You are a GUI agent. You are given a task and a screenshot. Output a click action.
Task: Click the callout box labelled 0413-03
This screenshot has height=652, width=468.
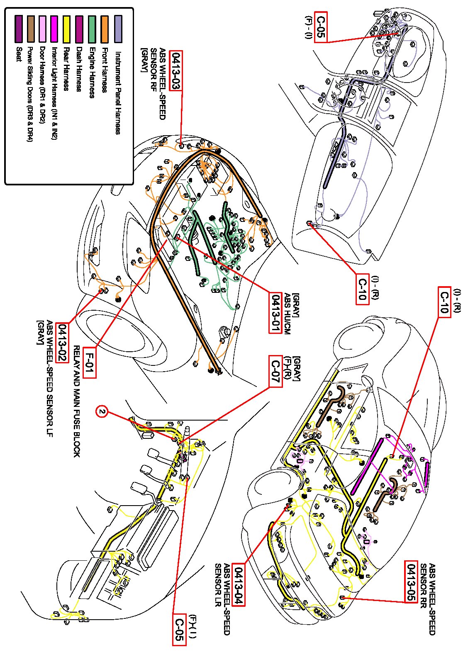[x=177, y=71]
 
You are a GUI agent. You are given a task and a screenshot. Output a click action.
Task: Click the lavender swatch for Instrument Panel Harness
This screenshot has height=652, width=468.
[x=118, y=29]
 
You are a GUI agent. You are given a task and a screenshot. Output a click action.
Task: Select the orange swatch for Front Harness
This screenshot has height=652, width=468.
[x=105, y=29]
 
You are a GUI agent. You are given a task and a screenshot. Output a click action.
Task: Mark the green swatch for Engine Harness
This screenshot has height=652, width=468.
[x=92, y=29]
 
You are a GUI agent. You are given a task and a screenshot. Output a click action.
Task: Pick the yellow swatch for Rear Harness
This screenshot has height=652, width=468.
[x=66, y=29]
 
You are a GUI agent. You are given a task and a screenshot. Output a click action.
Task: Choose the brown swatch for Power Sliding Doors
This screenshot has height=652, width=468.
[x=30, y=29]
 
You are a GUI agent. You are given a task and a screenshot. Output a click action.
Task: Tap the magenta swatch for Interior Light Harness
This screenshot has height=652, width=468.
[x=54, y=29]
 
